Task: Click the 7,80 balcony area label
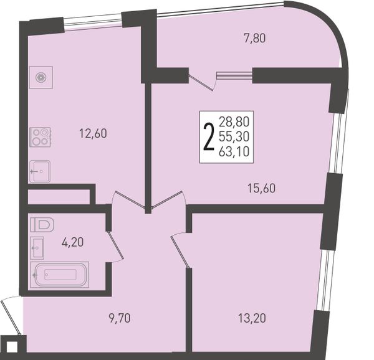click(255, 39)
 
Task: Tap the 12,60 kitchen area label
click(93, 133)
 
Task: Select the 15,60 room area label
click(261, 188)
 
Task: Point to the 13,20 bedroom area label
click(252, 318)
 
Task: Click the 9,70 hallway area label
click(120, 318)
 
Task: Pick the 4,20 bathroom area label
click(72, 242)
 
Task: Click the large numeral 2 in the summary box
click(208, 138)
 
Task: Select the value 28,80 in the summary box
click(234, 121)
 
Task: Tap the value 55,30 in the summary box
click(234, 136)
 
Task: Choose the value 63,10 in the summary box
click(234, 151)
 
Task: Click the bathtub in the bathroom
click(60, 275)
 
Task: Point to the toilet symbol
click(42, 224)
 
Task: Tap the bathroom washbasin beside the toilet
click(37, 248)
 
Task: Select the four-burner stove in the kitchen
click(40, 137)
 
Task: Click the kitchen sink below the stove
click(40, 171)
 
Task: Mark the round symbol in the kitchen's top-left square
click(41, 77)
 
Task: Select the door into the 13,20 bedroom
click(180, 252)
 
